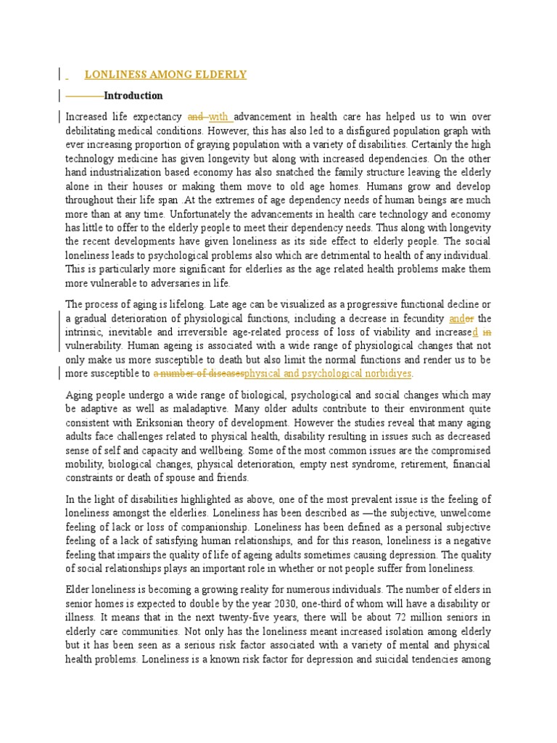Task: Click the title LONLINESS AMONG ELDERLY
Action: pyautogui.click(x=165, y=74)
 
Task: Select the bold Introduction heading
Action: pyautogui.click(x=133, y=96)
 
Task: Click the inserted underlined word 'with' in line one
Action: pyautogui.click(x=219, y=116)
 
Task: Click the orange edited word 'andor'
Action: pyautogui.click(x=461, y=318)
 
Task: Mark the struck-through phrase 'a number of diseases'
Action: pyautogui.click(x=198, y=373)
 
